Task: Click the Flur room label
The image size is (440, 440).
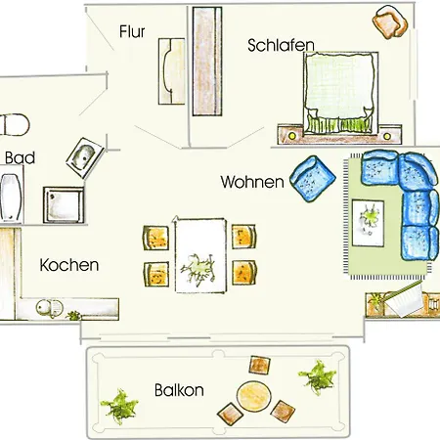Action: click(132, 31)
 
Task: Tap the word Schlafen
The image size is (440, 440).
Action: click(281, 45)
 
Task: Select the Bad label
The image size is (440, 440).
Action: click(20, 158)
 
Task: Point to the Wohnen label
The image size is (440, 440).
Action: click(252, 182)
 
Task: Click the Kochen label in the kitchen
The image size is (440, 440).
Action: click(69, 265)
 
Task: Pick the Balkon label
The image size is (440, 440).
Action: click(179, 390)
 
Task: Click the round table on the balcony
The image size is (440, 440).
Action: click(254, 397)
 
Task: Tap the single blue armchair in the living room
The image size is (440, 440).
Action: click(313, 179)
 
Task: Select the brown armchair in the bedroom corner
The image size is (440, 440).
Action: click(390, 22)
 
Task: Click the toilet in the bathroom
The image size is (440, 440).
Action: click(15, 124)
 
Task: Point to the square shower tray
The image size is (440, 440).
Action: click(64, 204)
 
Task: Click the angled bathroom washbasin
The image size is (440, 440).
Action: click(85, 158)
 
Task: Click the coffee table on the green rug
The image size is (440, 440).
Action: click(368, 223)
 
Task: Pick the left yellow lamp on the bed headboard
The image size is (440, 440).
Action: click(292, 135)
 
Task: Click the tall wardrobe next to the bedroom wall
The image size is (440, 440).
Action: click(207, 62)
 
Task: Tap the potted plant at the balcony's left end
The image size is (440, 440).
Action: click(119, 406)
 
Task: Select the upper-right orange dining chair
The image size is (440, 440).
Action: click(243, 237)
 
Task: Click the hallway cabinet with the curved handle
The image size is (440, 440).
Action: click(172, 71)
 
